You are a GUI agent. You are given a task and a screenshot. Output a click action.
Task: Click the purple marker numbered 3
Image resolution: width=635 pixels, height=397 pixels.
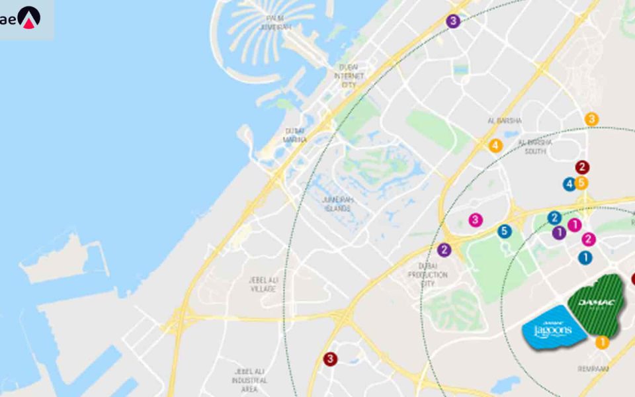click(x=453, y=21)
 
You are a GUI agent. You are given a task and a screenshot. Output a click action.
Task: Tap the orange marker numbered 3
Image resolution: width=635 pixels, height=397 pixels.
click(x=592, y=119)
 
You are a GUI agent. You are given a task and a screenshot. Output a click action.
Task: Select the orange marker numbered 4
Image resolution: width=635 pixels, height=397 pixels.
click(x=495, y=145)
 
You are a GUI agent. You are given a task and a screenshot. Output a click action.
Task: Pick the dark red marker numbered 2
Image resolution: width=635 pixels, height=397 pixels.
click(x=582, y=167)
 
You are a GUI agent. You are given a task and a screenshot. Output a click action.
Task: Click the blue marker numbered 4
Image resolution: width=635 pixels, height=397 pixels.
click(x=569, y=185)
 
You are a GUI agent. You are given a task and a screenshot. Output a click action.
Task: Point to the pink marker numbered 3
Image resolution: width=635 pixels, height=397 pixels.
click(x=475, y=220)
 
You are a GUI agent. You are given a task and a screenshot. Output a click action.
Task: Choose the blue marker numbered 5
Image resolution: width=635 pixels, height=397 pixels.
click(x=505, y=232)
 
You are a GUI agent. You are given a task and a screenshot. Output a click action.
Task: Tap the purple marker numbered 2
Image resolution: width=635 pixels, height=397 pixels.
click(x=444, y=250)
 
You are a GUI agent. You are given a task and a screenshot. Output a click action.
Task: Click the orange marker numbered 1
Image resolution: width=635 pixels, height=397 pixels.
click(x=602, y=342)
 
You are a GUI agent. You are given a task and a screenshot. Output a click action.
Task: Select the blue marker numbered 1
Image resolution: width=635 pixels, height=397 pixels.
click(x=585, y=257)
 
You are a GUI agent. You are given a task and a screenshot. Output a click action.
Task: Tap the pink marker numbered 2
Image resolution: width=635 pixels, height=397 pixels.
click(x=589, y=240)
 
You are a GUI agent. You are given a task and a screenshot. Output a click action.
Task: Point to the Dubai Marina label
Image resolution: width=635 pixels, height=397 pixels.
click(x=295, y=136)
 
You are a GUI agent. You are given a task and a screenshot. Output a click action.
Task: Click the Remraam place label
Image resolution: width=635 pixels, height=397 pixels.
click(x=592, y=369)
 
